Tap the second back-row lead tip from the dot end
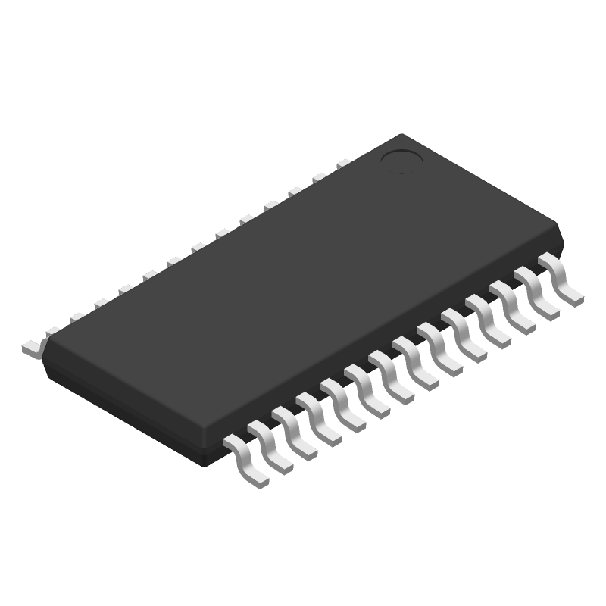tap(319, 177)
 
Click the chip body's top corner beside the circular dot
tap(401, 136)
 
